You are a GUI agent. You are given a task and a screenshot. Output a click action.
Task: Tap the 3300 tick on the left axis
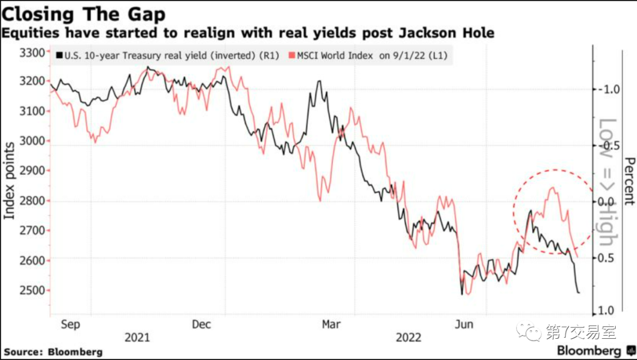click(33, 54)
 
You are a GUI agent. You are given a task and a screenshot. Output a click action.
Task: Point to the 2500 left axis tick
click(33, 291)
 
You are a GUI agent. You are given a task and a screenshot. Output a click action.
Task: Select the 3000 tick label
click(33, 141)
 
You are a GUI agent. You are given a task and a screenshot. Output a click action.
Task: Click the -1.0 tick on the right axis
click(608, 89)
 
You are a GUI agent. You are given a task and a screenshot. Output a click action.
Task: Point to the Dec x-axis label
click(201, 324)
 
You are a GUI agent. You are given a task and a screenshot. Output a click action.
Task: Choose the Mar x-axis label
click(331, 324)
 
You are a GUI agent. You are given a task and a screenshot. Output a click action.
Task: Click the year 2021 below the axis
click(137, 338)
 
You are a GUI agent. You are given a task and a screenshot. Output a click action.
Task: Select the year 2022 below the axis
click(408, 338)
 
